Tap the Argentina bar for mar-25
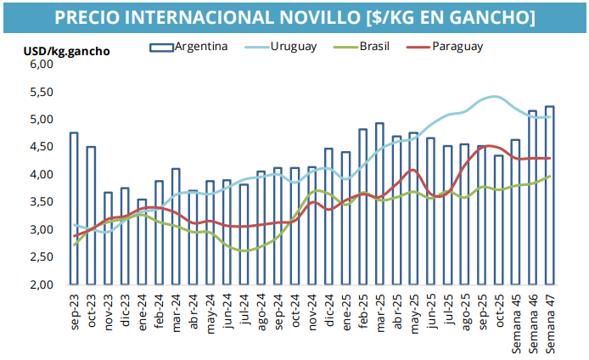click(379, 204)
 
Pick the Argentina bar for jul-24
click(244, 234)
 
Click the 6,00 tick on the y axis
click(41, 65)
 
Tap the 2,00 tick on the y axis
click(41, 284)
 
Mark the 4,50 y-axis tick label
click(41, 147)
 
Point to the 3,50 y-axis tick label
click(41, 202)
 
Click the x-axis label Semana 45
click(516, 318)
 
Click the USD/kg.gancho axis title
click(66, 51)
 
